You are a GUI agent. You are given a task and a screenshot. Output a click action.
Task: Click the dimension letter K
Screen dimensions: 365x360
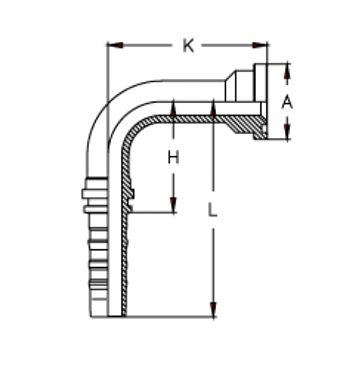[187, 45]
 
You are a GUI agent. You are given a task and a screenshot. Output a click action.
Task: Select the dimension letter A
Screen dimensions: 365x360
[287, 102]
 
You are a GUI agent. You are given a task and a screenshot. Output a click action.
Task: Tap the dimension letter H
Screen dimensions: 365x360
[173, 157]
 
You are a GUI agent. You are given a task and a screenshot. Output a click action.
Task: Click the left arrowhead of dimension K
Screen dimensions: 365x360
[111, 45]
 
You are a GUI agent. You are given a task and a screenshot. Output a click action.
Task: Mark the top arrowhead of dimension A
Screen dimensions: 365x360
[287, 67]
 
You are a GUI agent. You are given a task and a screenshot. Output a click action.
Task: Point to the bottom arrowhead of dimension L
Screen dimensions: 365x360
[212, 312]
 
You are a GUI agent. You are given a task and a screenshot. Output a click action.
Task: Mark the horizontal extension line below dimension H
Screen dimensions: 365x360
[155, 212]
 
